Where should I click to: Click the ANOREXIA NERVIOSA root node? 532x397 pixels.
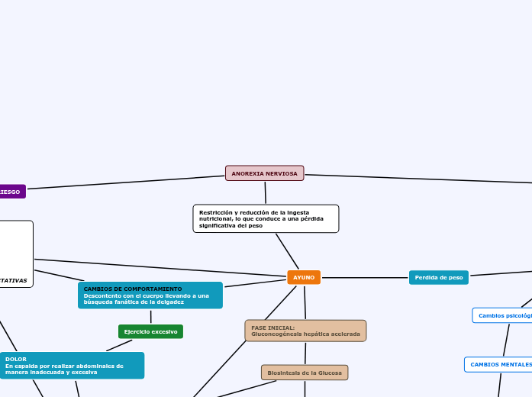tap(264, 173)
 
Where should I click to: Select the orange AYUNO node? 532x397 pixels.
tap(304, 277)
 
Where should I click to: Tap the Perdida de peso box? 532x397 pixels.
tap(438, 277)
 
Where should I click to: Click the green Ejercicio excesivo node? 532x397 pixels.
tap(150, 331)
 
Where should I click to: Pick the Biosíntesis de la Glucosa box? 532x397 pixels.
tap(305, 373)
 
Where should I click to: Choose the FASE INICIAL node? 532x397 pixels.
tap(305, 331)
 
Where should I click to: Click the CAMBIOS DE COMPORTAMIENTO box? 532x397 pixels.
tap(150, 295)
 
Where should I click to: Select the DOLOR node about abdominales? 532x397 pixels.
tap(73, 365)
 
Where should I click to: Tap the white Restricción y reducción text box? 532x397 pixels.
tap(266, 218)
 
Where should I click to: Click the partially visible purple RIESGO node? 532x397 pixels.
tap(11, 192)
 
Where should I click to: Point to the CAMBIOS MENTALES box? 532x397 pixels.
tap(499, 365)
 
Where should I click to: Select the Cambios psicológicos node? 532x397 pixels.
tap(504, 315)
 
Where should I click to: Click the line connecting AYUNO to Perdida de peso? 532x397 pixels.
tap(365, 277)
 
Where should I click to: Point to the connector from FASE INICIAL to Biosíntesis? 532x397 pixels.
tap(305, 353)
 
